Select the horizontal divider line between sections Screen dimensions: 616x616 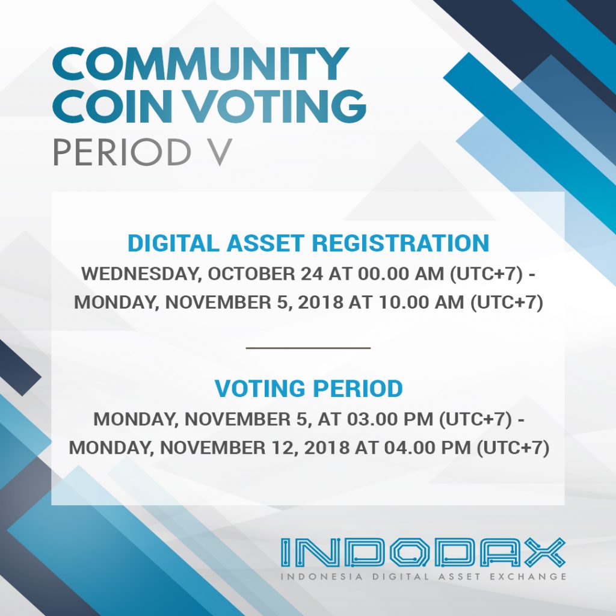point(308,348)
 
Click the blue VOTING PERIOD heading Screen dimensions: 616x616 point(308,389)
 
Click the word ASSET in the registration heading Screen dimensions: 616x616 point(268,243)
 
